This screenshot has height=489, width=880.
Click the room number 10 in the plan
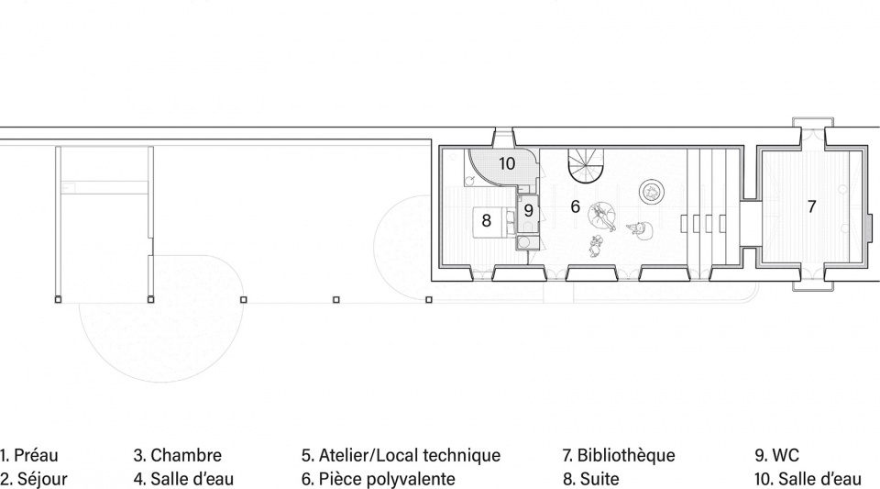tap(507, 163)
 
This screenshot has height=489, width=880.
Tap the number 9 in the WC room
tap(528, 211)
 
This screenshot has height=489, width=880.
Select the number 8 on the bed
tap(486, 220)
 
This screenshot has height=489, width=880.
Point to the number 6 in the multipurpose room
tap(575, 206)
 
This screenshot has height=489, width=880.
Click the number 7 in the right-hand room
tap(811, 206)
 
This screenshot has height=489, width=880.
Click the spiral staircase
tap(585, 167)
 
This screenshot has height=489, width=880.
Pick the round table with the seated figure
tap(652, 193)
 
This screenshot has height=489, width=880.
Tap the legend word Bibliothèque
tap(626, 455)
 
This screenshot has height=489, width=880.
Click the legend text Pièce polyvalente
tap(387, 479)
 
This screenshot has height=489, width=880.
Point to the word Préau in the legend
tap(36, 455)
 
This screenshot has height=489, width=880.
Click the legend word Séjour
tap(42, 479)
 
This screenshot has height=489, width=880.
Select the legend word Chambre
tap(186, 455)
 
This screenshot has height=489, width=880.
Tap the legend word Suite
tap(599, 479)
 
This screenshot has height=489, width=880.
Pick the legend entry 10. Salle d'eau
tap(808, 479)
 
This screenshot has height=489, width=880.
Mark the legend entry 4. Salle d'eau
tap(183, 479)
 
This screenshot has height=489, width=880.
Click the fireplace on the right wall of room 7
tap(868, 227)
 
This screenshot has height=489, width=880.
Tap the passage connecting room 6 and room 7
tap(749, 224)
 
